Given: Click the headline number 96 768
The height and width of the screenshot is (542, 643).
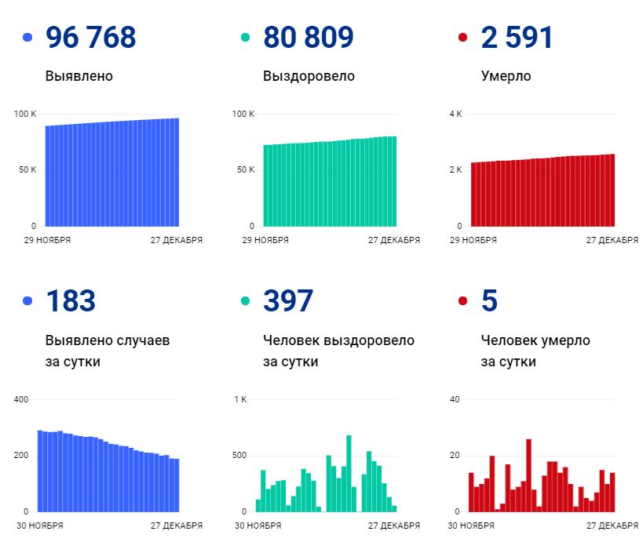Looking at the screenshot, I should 90,37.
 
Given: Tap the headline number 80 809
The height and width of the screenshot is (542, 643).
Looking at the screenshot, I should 308,37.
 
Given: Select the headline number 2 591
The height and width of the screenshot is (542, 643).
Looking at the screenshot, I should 517,37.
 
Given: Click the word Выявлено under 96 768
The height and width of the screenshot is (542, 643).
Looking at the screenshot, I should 79,76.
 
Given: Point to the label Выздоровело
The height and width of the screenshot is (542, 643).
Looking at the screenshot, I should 309,76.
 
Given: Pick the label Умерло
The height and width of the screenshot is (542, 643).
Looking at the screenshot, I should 506,76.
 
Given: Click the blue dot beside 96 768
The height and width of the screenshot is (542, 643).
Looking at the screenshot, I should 28,38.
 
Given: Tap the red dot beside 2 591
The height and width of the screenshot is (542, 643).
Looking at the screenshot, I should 462,38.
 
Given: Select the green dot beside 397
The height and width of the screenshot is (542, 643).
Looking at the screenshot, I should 246,301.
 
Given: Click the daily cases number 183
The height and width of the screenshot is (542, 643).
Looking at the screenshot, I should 71,300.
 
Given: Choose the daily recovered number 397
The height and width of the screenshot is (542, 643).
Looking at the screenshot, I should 288,300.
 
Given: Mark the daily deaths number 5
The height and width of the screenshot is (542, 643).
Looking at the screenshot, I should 489,300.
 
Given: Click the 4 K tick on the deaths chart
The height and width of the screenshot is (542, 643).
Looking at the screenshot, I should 455,115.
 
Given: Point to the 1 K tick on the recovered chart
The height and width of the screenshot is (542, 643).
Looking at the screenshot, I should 239,400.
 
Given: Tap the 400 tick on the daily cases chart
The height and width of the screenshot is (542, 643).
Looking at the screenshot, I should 21,400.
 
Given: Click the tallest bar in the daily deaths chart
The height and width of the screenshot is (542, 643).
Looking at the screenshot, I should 528,475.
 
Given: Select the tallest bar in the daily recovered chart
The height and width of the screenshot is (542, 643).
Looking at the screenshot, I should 349,473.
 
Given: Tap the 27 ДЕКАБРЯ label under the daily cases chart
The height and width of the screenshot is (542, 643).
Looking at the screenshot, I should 177,526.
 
